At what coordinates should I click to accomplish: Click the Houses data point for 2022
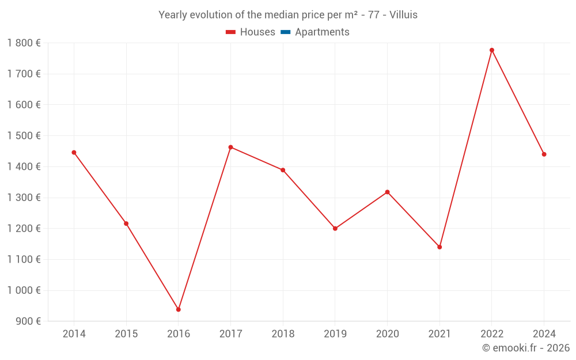tap(492, 50)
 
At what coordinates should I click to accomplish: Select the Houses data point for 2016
tap(179, 309)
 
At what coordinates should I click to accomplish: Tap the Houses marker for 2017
tap(230, 147)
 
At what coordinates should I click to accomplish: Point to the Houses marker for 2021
tap(439, 247)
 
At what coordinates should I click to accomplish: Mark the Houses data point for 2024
tap(544, 154)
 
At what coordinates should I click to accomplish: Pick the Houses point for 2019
tap(335, 229)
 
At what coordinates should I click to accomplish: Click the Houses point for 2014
tap(74, 153)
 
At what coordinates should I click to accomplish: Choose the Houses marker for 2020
tap(387, 192)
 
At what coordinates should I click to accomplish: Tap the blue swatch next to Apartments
tap(285, 32)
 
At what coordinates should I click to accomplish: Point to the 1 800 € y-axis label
tap(24, 43)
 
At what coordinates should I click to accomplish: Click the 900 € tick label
tap(27, 321)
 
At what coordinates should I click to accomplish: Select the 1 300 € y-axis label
tap(24, 198)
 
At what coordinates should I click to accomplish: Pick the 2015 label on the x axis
tap(126, 334)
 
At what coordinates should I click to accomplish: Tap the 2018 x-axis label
tap(283, 334)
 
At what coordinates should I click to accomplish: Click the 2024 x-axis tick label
tap(544, 334)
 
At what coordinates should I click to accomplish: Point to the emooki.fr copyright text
tap(526, 348)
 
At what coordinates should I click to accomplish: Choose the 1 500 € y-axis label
tap(24, 135)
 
